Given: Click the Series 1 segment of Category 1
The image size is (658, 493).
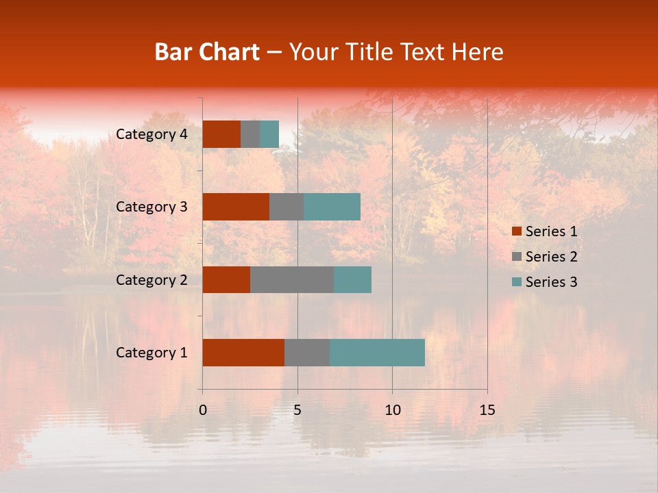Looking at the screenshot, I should (x=243, y=353).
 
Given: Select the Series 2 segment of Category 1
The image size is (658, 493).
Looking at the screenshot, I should (x=307, y=353).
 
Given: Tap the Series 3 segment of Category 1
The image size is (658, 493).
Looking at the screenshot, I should (x=377, y=353).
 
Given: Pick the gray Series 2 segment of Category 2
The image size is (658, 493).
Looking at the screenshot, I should (x=292, y=279).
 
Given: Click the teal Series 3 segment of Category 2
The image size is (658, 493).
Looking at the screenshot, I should (x=352, y=279).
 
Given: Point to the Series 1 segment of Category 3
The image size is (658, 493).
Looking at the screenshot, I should (x=236, y=207).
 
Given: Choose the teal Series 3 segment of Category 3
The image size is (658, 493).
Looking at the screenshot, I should (x=332, y=207).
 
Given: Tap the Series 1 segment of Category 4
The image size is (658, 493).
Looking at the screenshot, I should (x=221, y=134).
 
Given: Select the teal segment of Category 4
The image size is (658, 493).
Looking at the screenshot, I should (x=269, y=134).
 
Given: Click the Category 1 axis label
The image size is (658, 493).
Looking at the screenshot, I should (x=151, y=353).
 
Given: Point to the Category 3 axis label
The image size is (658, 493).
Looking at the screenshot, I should (x=151, y=207).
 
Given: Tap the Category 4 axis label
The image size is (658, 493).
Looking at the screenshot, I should (x=151, y=134).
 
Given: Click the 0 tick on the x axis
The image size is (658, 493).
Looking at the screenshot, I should (x=203, y=410).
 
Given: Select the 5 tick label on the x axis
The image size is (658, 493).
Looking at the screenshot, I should (x=297, y=410).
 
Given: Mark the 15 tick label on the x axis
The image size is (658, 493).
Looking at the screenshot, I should (x=487, y=410).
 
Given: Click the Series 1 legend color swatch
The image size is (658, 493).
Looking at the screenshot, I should (x=516, y=231).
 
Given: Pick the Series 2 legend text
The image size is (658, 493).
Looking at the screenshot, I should (x=551, y=257).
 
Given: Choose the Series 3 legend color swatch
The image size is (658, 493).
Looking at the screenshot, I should (x=516, y=282).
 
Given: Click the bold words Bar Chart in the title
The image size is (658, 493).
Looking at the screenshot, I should (x=207, y=51).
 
